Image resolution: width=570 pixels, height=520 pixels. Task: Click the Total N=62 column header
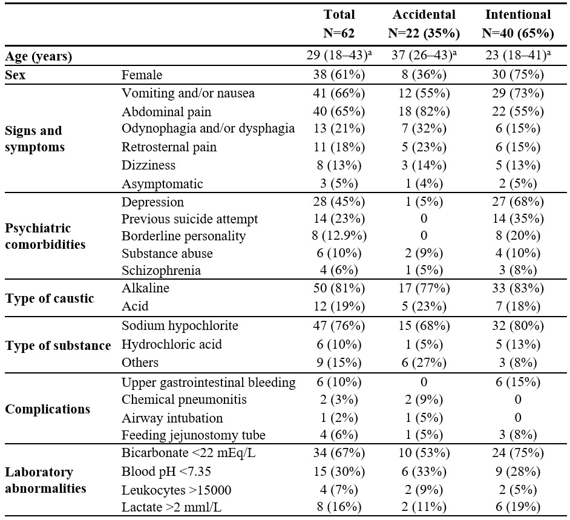[339, 24]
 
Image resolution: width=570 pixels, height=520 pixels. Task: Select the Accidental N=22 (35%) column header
[424, 24]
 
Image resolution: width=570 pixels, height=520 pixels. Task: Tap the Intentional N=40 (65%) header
[518, 24]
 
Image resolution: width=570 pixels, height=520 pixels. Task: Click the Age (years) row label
[39, 56]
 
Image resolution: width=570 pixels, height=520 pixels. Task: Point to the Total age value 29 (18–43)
[339, 55]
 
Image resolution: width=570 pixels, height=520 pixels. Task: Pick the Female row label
[142, 74]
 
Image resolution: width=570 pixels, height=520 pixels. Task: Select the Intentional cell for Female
[518, 74]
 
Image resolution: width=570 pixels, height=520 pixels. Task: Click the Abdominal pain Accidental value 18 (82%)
[424, 111]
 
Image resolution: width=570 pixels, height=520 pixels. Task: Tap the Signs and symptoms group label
[35, 139]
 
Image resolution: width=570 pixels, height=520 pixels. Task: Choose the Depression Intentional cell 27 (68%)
[518, 202]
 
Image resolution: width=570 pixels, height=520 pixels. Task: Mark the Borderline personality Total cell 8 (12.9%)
[339, 235]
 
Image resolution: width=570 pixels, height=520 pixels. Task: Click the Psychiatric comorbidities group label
[45, 236]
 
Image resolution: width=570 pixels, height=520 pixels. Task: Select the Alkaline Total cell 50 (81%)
[339, 288]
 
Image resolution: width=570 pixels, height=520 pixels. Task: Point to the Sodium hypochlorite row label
[180, 325]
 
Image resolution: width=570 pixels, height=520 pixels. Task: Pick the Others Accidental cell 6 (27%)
[424, 363]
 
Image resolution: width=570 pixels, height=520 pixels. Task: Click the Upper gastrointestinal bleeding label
[209, 383]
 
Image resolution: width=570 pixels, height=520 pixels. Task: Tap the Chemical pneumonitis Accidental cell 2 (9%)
[424, 400]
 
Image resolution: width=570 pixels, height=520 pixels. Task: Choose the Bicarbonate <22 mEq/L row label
[189, 453]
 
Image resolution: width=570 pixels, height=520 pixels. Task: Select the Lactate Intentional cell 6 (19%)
[518, 507]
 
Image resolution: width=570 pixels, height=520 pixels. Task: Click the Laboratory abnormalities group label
[45, 480]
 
